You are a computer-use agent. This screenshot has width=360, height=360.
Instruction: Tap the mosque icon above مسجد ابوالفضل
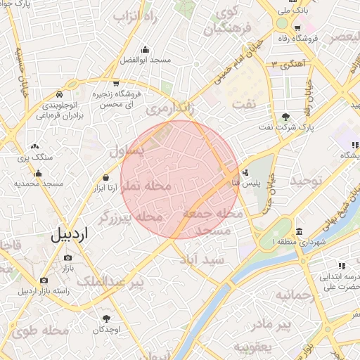(145, 49)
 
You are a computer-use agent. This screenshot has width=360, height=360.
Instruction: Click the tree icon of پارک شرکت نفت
(285, 117)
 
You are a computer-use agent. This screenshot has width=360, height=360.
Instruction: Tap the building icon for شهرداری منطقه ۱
(300, 232)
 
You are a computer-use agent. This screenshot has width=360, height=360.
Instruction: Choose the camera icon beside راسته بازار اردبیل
(44, 281)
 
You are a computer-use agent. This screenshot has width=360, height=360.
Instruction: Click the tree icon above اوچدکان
(106, 319)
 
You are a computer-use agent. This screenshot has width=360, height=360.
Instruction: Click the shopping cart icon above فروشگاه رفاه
(299, 27)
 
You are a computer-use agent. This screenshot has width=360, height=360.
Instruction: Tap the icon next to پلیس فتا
(245, 172)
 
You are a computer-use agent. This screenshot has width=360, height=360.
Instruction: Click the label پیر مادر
(273, 324)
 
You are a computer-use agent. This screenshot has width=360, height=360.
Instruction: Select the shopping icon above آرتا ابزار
(105, 178)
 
